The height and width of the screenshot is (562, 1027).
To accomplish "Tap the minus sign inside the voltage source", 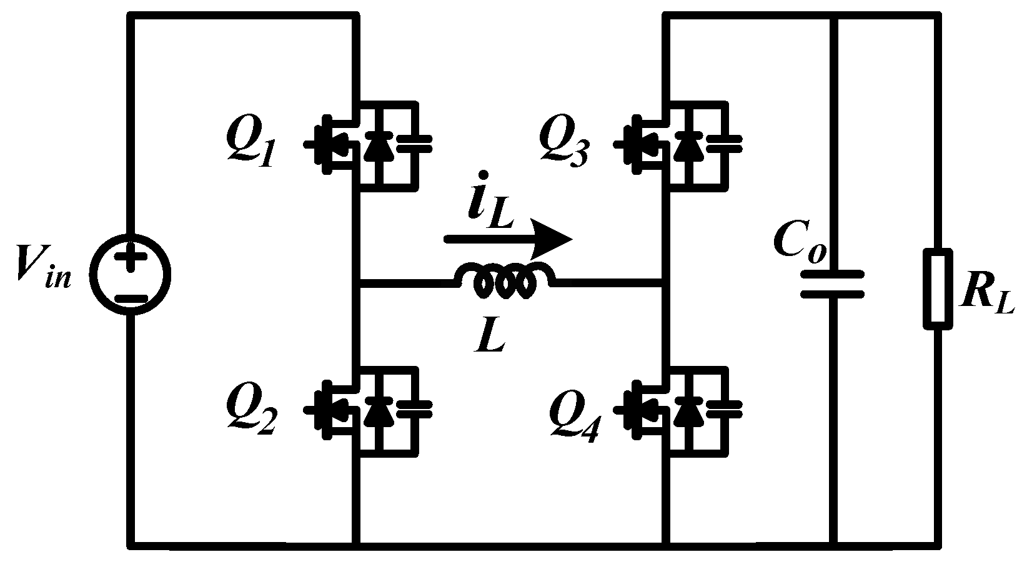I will [130, 299].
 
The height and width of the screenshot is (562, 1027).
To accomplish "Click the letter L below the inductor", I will [490, 338].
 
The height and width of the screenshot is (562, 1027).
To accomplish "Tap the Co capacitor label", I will [800, 240].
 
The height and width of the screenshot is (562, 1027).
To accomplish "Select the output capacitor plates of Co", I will [833, 284].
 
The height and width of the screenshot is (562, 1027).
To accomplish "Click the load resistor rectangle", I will [938, 288].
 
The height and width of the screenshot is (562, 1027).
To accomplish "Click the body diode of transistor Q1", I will [376, 145].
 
